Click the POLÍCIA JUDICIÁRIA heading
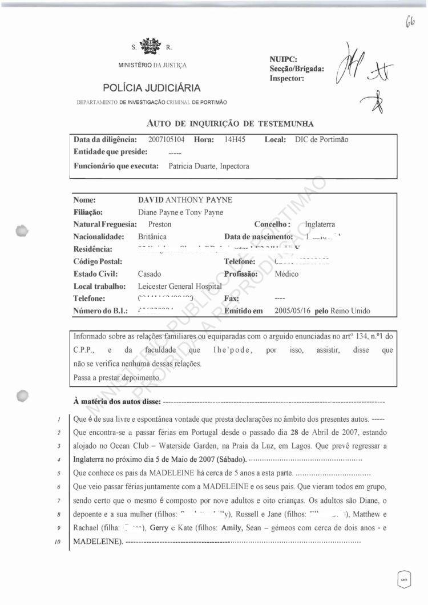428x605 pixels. pyautogui.click(x=152, y=88)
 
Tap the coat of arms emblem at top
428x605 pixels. pyautogui.click(x=151, y=45)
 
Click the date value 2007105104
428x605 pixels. pyautogui.click(x=166, y=139)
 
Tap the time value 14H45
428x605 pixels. pyautogui.click(x=235, y=139)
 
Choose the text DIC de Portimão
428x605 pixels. pyautogui.click(x=321, y=139)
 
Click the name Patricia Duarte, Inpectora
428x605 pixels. pyautogui.click(x=209, y=166)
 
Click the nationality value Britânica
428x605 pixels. pyautogui.click(x=152, y=236)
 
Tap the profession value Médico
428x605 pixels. pyautogui.click(x=286, y=274)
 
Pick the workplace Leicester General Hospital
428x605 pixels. pyautogui.click(x=186, y=286)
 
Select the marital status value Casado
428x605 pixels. pyautogui.click(x=150, y=274)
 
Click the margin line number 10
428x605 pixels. pyautogui.click(x=59, y=540)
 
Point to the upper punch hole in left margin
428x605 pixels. pyautogui.click(x=22, y=231)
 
